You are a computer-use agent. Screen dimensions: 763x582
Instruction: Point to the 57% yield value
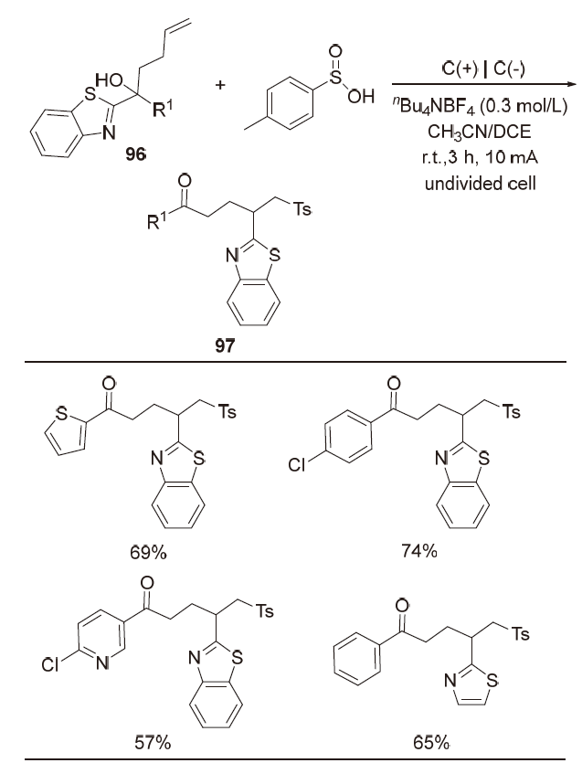pyautogui.click(x=149, y=739)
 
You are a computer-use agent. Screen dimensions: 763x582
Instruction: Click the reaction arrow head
pyautogui.click(x=574, y=83)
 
